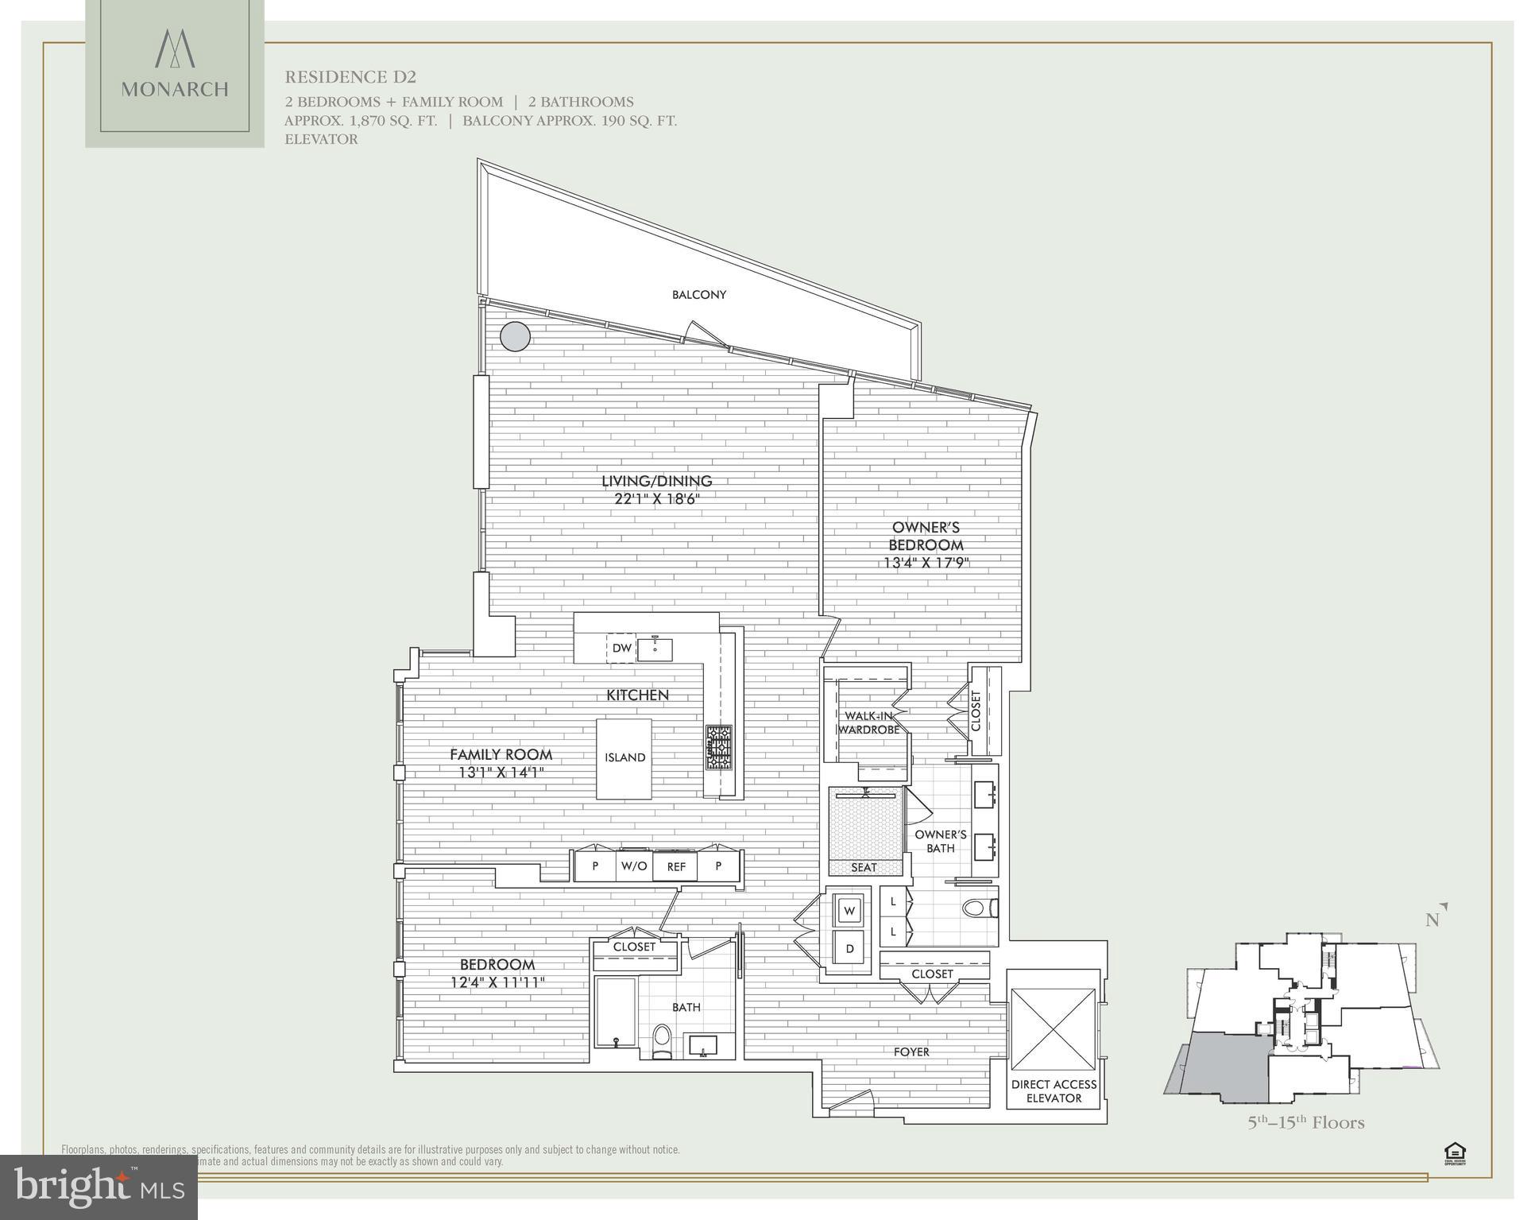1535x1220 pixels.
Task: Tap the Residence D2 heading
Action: [x=350, y=77]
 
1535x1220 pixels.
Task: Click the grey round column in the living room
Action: [x=515, y=336]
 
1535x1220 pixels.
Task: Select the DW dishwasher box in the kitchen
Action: [x=621, y=649]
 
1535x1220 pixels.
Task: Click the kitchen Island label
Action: [x=624, y=757]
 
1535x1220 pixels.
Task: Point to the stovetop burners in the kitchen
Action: [x=719, y=747]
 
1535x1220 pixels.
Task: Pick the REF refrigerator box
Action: [x=675, y=866]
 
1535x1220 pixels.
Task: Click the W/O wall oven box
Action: [x=634, y=866]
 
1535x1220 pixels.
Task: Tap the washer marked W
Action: [x=849, y=911]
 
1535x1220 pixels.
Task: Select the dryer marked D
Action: [x=849, y=949]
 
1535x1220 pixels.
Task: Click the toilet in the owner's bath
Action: [x=980, y=908]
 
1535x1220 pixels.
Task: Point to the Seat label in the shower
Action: [x=864, y=867]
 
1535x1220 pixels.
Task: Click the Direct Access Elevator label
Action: [x=1054, y=1090]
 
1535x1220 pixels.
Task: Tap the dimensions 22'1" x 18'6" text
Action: [x=656, y=499]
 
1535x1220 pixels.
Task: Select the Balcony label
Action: [x=699, y=295]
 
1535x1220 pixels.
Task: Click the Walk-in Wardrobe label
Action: [x=872, y=722]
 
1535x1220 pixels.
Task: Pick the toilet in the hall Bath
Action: [x=662, y=1041]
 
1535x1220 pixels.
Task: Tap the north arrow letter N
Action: [x=1433, y=920]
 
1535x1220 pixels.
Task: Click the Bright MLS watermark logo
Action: [x=99, y=1187]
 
